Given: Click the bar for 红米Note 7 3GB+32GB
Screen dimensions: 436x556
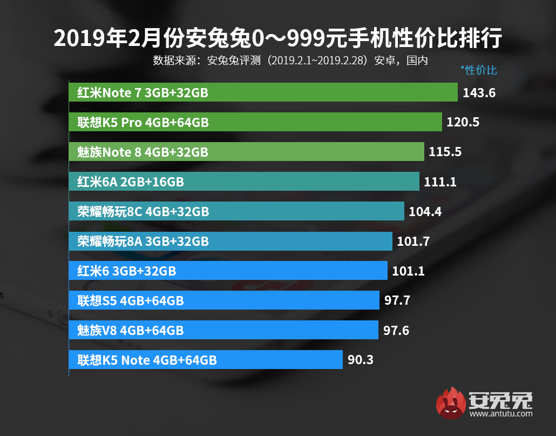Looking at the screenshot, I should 263,93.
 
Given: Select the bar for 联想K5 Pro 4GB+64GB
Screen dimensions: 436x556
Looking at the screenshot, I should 255,123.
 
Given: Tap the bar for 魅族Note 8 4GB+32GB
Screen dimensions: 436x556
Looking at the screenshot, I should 247,152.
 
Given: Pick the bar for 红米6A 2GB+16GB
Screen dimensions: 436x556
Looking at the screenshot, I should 244,182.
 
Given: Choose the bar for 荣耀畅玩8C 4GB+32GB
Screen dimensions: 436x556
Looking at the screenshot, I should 236,211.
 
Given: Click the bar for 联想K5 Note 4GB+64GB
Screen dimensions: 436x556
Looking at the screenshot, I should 206,359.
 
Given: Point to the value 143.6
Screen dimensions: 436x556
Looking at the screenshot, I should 479,93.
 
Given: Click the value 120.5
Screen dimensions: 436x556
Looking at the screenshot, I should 463,123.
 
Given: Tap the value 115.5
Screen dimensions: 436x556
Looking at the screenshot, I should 445,152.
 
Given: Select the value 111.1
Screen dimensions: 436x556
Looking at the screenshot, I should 440,182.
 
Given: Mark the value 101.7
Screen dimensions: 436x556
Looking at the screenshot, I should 413,241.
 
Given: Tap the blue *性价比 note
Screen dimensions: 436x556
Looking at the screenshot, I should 478,70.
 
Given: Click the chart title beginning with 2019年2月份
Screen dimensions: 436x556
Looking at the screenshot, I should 278,39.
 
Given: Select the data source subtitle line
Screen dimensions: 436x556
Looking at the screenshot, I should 290,60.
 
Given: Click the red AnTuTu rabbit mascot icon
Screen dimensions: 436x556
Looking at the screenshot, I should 451,403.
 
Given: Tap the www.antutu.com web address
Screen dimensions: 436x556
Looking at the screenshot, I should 500,414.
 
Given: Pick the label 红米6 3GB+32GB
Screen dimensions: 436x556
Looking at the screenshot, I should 127,271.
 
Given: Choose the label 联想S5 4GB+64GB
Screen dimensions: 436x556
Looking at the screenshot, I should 131,300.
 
